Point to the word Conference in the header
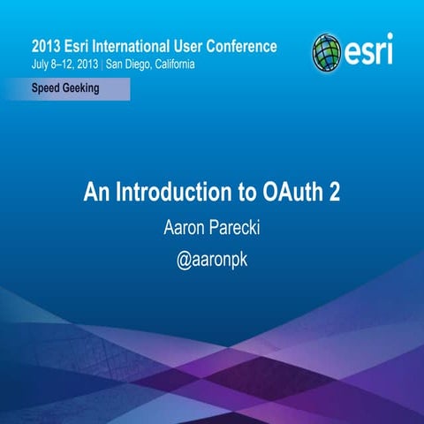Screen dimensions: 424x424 pyautogui.click(x=241, y=46)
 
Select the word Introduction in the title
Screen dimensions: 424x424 pyautogui.click(x=170, y=192)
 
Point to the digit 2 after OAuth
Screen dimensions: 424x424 pyautogui.click(x=334, y=192)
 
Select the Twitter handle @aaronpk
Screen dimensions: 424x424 pyautogui.click(x=212, y=262)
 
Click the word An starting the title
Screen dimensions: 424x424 pyautogui.click(x=95, y=192)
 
